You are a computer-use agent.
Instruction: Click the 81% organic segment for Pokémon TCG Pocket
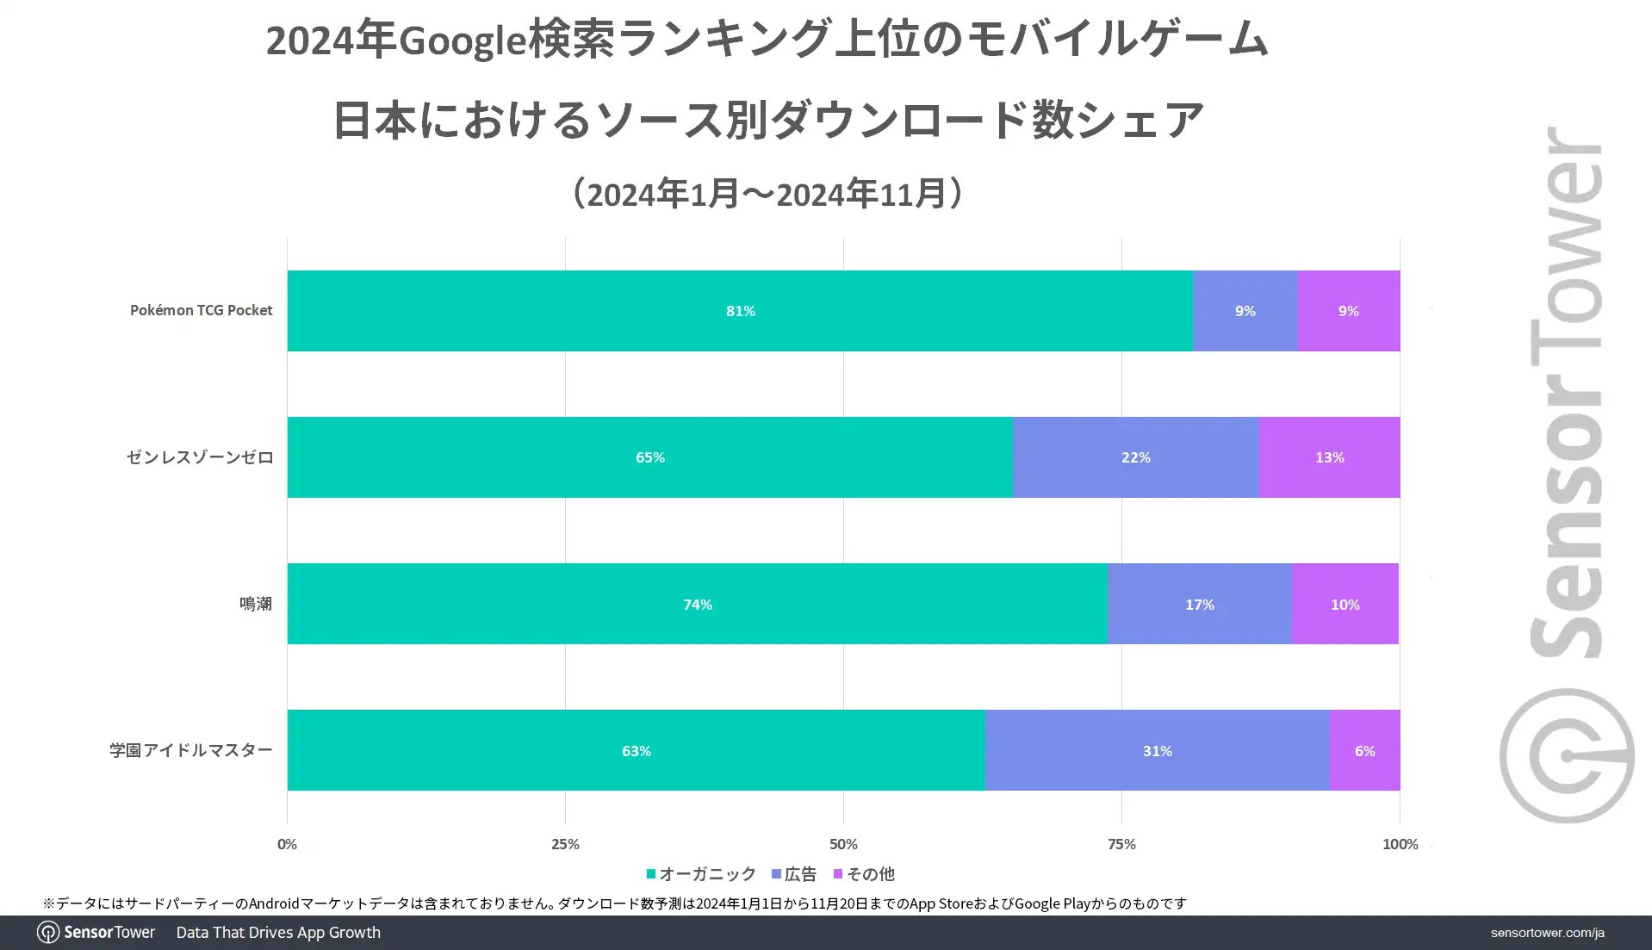click(x=740, y=311)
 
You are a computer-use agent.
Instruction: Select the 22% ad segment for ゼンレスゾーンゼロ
click(x=1135, y=457)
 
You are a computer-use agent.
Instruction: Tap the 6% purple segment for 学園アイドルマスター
click(x=1364, y=750)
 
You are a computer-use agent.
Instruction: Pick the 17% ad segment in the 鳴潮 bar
click(x=1199, y=604)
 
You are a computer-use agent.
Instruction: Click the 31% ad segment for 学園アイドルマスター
click(x=1157, y=750)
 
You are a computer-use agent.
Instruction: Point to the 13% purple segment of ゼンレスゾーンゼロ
click(x=1329, y=457)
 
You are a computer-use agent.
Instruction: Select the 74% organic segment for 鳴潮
click(x=697, y=604)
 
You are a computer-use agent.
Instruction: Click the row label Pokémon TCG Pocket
click(x=201, y=310)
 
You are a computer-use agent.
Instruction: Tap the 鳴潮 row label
click(x=255, y=604)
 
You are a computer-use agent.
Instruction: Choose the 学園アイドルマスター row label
click(x=190, y=750)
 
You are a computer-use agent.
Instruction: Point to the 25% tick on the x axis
click(x=565, y=844)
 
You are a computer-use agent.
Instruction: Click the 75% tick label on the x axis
click(x=1121, y=844)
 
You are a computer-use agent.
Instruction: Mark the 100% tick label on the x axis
click(x=1400, y=844)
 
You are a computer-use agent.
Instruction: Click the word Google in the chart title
click(x=463, y=40)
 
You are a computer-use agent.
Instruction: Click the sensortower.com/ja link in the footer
click(x=1547, y=933)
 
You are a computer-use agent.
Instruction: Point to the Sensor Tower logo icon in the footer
click(x=48, y=932)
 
